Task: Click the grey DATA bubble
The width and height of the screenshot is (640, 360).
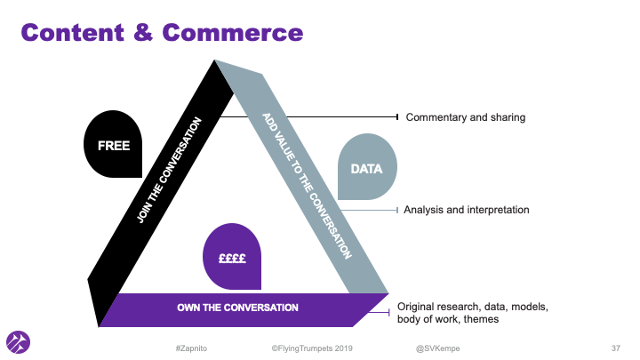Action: click(367, 166)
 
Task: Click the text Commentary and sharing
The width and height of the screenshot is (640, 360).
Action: click(466, 117)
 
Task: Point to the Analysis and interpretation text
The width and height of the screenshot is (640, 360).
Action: click(466, 210)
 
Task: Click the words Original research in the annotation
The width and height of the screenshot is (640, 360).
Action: click(436, 306)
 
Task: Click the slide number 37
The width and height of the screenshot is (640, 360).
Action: click(615, 346)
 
